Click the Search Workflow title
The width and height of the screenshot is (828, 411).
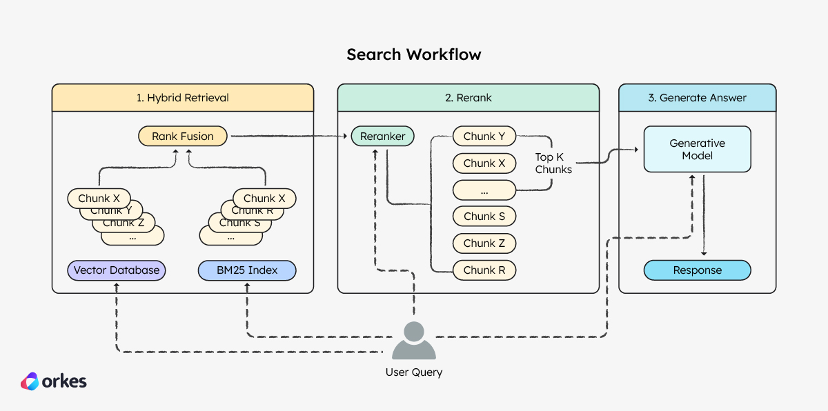pos(414,54)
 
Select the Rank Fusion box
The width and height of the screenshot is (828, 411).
pos(183,137)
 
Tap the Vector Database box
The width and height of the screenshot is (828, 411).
pos(116,270)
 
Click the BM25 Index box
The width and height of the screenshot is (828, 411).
pos(247,270)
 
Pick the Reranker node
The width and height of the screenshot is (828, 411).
pos(383,137)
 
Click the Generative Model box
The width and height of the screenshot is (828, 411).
pos(697,150)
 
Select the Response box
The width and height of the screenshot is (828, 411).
pos(697,270)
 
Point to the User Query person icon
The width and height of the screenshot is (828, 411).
pos(414,341)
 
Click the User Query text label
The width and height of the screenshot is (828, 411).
pos(414,372)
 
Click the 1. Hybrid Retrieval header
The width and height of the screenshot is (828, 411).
pos(183,98)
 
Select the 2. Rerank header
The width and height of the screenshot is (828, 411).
pos(468,98)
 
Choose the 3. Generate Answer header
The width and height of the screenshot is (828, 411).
pos(697,98)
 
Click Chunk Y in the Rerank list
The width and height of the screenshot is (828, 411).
pos(484,137)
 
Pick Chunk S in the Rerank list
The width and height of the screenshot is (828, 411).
pos(484,217)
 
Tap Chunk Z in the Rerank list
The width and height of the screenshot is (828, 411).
pos(484,243)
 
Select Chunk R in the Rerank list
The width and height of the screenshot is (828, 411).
pos(484,270)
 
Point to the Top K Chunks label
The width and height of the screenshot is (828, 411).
pos(553,163)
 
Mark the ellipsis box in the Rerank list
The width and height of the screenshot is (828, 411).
pos(484,190)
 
